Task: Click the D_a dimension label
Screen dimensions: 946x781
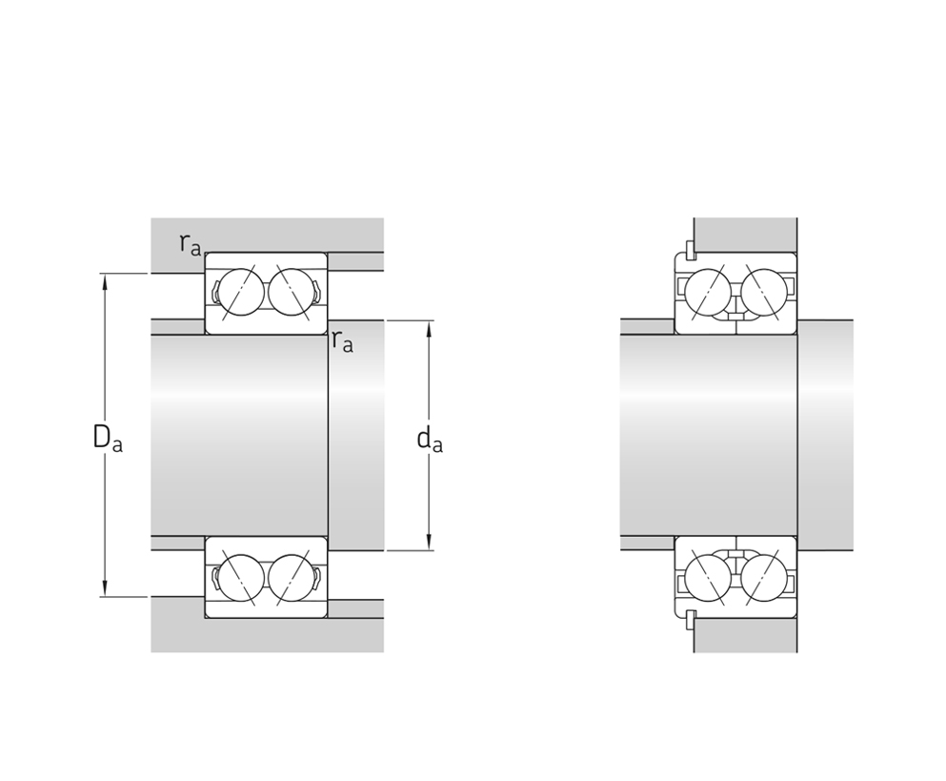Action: tap(108, 438)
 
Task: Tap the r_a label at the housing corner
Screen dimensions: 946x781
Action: tap(190, 243)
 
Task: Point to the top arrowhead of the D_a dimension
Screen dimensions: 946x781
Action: tap(105, 280)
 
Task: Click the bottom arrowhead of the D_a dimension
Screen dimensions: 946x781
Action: tap(105, 589)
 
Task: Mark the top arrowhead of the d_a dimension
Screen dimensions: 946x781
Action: tap(429, 327)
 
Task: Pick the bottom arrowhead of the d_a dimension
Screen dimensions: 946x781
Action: tap(429, 543)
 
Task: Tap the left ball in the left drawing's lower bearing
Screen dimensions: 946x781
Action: tap(241, 578)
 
